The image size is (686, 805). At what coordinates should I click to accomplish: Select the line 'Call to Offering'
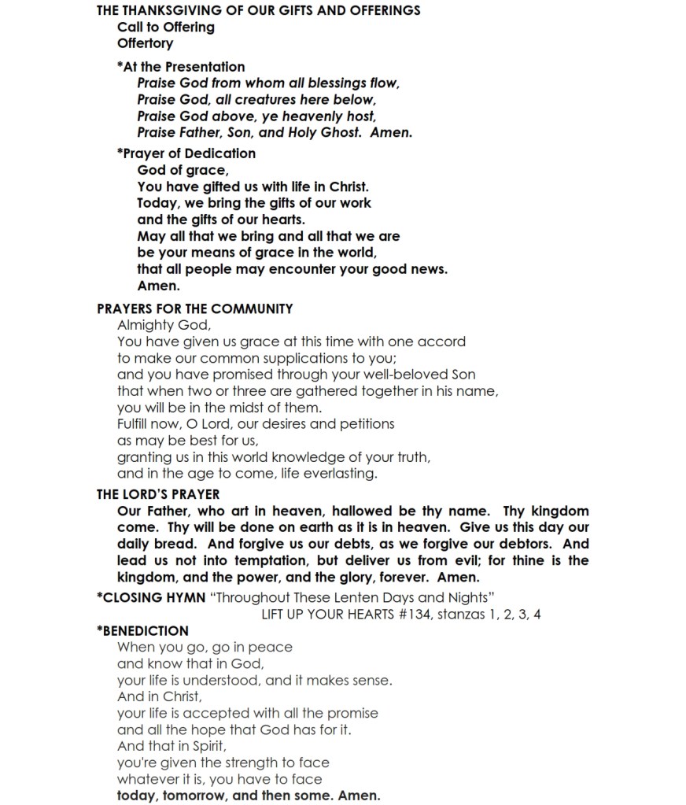point(165,27)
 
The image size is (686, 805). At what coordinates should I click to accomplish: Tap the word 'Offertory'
point(145,43)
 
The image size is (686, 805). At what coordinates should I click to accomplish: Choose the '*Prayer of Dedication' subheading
point(186,153)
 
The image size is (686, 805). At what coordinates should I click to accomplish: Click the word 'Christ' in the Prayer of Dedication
point(347,186)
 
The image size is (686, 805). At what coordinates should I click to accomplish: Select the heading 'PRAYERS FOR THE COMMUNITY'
point(194,308)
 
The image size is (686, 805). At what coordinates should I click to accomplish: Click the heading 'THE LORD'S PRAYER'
point(158,494)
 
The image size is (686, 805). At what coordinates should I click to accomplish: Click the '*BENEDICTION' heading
point(142,630)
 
